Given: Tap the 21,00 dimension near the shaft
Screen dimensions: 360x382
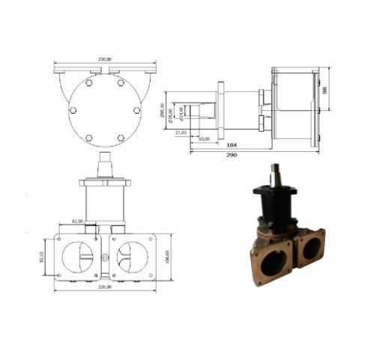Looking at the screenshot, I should [x=180, y=132].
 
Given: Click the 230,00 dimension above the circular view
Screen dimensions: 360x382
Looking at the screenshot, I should [x=105, y=60].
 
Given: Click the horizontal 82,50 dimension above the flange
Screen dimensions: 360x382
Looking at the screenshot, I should [x=76, y=221].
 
